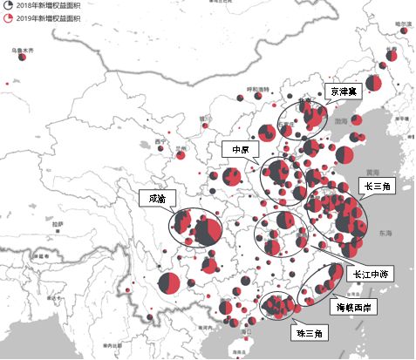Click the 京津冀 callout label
pyautogui.click(x=341, y=90)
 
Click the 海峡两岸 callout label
pyautogui.click(x=355, y=307)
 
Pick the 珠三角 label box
pyautogui.click(x=306, y=333)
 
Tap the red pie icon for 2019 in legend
pyautogui.click(x=7, y=17)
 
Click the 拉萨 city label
pyautogui.click(x=58, y=223)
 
